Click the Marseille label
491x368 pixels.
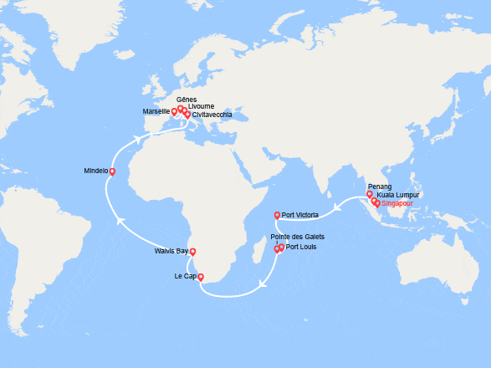[x=156, y=111]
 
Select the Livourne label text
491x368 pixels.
[x=201, y=107]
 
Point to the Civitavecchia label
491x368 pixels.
[x=212, y=115]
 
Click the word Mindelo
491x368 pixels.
[x=96, y=171]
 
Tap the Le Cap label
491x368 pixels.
[x=185, y=276]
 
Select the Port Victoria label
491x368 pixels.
[x=300, y=216]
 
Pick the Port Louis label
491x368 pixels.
[x=302, y=247]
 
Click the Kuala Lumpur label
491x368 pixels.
[x=398, y=195]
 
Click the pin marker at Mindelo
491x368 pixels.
[x=113, y=172]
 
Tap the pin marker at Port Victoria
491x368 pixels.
[x=277, y=215]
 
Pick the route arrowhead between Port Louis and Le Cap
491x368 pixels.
[x=262, y=283]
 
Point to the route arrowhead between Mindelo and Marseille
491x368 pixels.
[x=137, y=141]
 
